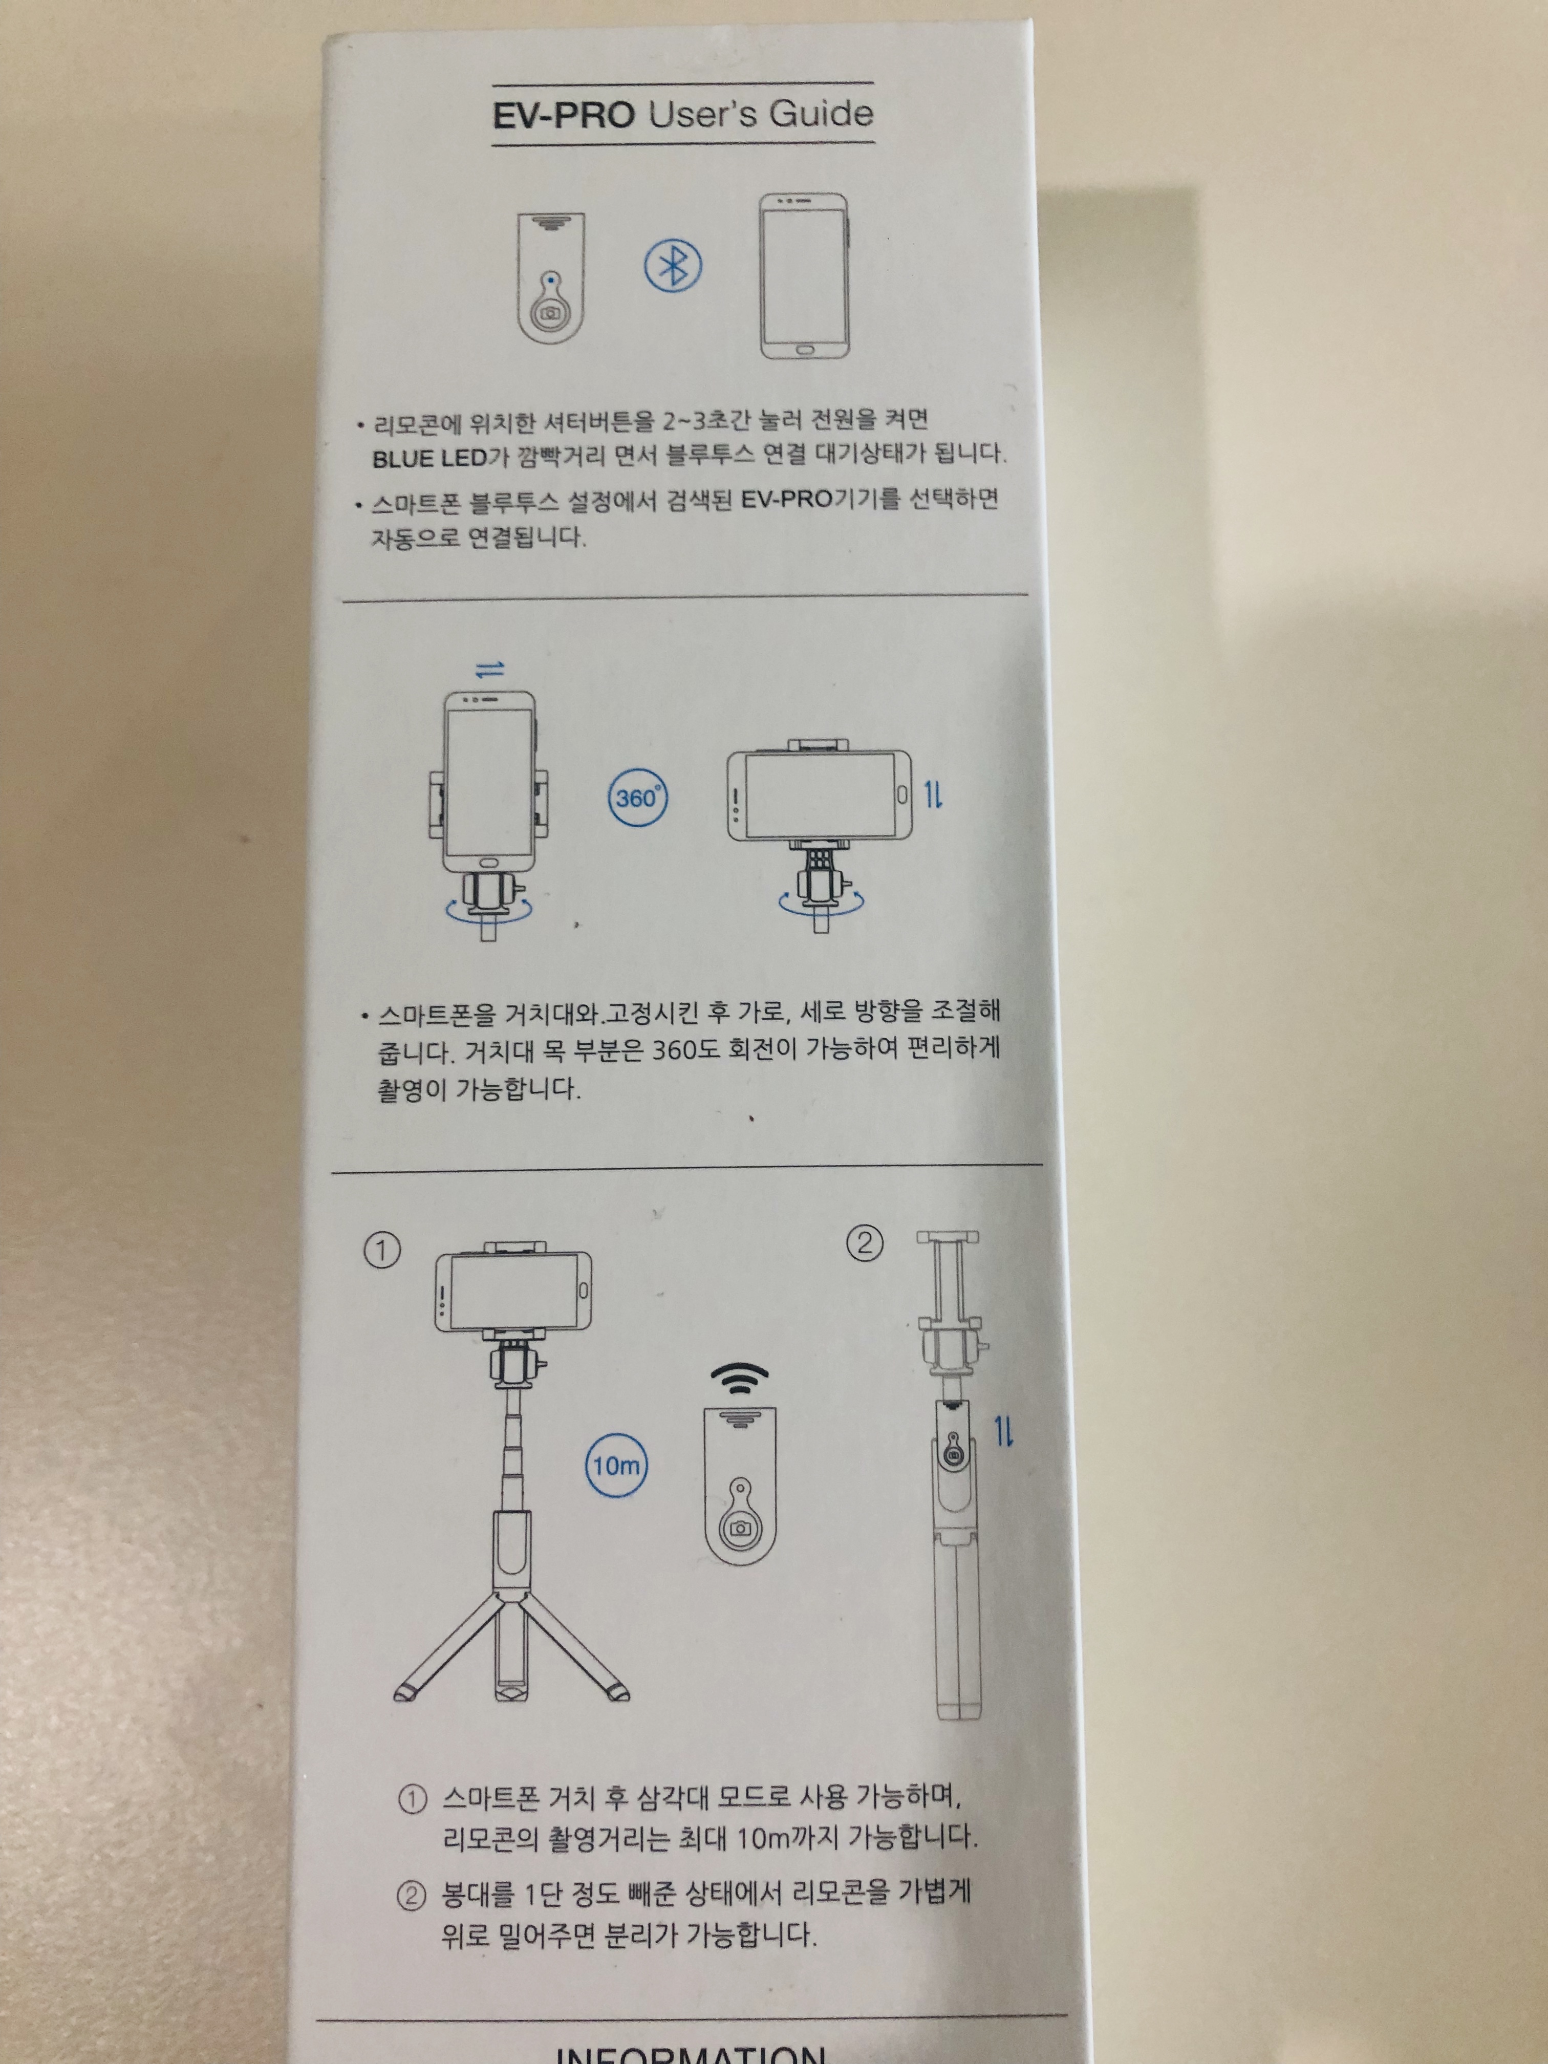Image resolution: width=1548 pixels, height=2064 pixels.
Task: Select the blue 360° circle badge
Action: [638, 798]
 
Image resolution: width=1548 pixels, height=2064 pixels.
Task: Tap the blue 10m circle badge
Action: [617, 1465]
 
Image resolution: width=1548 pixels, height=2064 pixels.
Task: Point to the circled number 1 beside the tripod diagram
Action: [382, 1251]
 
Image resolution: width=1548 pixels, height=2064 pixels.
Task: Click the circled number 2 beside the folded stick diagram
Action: [864, 1244]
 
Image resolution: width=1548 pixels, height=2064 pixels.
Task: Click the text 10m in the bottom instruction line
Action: [763, 1838]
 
